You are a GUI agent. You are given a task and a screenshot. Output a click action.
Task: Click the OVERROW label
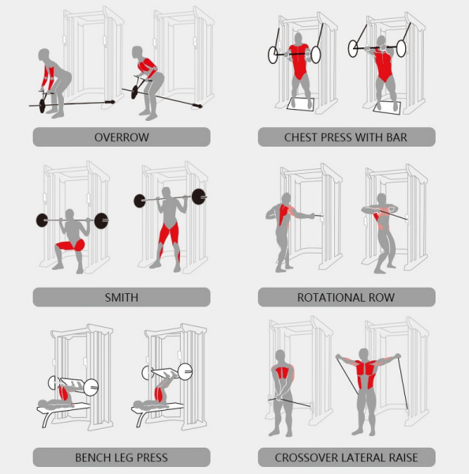click(x=122, y=137)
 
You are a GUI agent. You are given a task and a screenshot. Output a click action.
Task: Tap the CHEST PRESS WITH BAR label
click(x=346, y=137)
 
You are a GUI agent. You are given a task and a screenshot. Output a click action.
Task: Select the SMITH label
click(x=122, y=297)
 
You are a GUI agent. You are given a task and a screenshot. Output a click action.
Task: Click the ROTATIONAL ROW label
click(x=346, y=297)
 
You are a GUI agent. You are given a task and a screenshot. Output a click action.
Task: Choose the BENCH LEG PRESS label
click(x=122, y=457)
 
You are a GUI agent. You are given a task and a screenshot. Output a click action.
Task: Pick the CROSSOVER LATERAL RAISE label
click(x=346, y=457)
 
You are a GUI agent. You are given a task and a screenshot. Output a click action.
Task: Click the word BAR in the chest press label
click(x=396, y=137)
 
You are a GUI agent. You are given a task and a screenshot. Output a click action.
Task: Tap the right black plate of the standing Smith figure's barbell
click(x=199, y=197)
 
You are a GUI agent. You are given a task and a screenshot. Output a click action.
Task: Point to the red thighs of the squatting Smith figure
click(x=69, y=246)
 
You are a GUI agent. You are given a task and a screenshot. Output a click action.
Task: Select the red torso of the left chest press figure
click(x=299, y=63)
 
